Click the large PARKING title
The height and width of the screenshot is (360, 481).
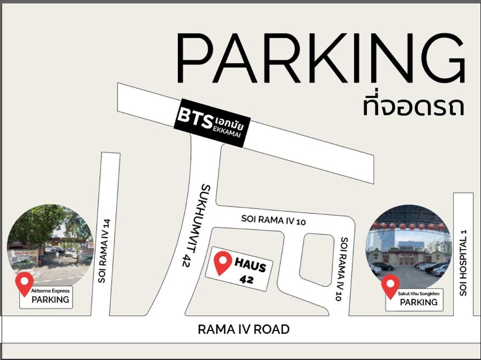click(320, 58)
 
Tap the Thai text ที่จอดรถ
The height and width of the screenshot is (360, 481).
click(412, 106)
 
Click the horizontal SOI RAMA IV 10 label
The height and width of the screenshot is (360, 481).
click(273, 219)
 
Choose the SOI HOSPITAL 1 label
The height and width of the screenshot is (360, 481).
click(463, 262)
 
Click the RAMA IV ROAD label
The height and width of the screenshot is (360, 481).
click(244, 329)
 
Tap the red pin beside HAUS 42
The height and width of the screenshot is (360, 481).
click(223, 262)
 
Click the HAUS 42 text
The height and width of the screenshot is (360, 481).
click(249, 271)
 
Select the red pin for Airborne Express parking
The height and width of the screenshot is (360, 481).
click(24, 282)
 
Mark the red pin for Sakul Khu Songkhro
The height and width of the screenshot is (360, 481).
click(390, 285)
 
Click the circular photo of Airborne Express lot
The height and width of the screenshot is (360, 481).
click(51, 244)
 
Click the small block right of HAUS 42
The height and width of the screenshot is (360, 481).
click(317, 259)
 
